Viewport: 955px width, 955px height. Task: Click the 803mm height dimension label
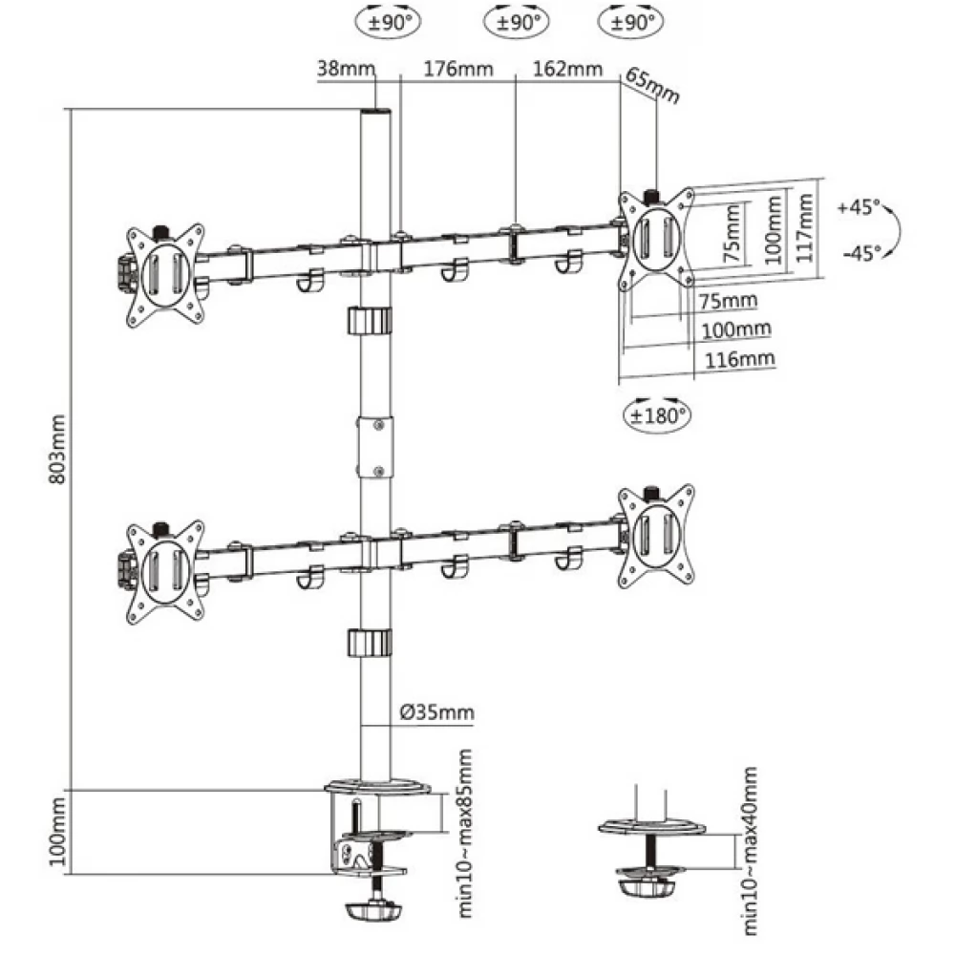tap(56, 450)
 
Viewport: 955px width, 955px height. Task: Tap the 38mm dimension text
tap(346, 68)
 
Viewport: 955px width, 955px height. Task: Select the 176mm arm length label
tap(458, 69)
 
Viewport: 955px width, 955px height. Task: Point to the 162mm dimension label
tap(567, 69)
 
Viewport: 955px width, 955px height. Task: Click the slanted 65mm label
tap(652, 85)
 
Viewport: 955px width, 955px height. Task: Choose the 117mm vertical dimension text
tap(805, 227)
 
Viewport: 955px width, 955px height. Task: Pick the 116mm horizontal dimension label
tap(739, 359)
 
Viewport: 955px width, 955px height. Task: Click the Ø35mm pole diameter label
tap(436, 712)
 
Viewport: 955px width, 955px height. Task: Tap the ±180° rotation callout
tap(657, 415)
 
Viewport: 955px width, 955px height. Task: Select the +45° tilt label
tap(859, 206)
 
